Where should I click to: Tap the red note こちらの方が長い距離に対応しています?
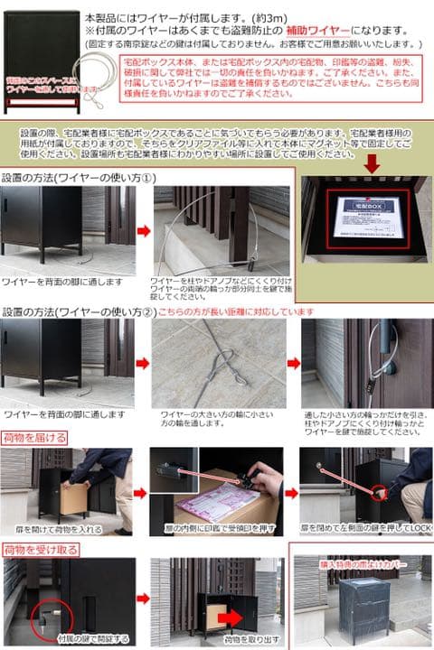click(236, 312)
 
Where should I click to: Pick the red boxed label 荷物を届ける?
click(35, 438)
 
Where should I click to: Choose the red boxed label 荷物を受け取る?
click(40, 548)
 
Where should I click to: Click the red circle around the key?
click(46, 620)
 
